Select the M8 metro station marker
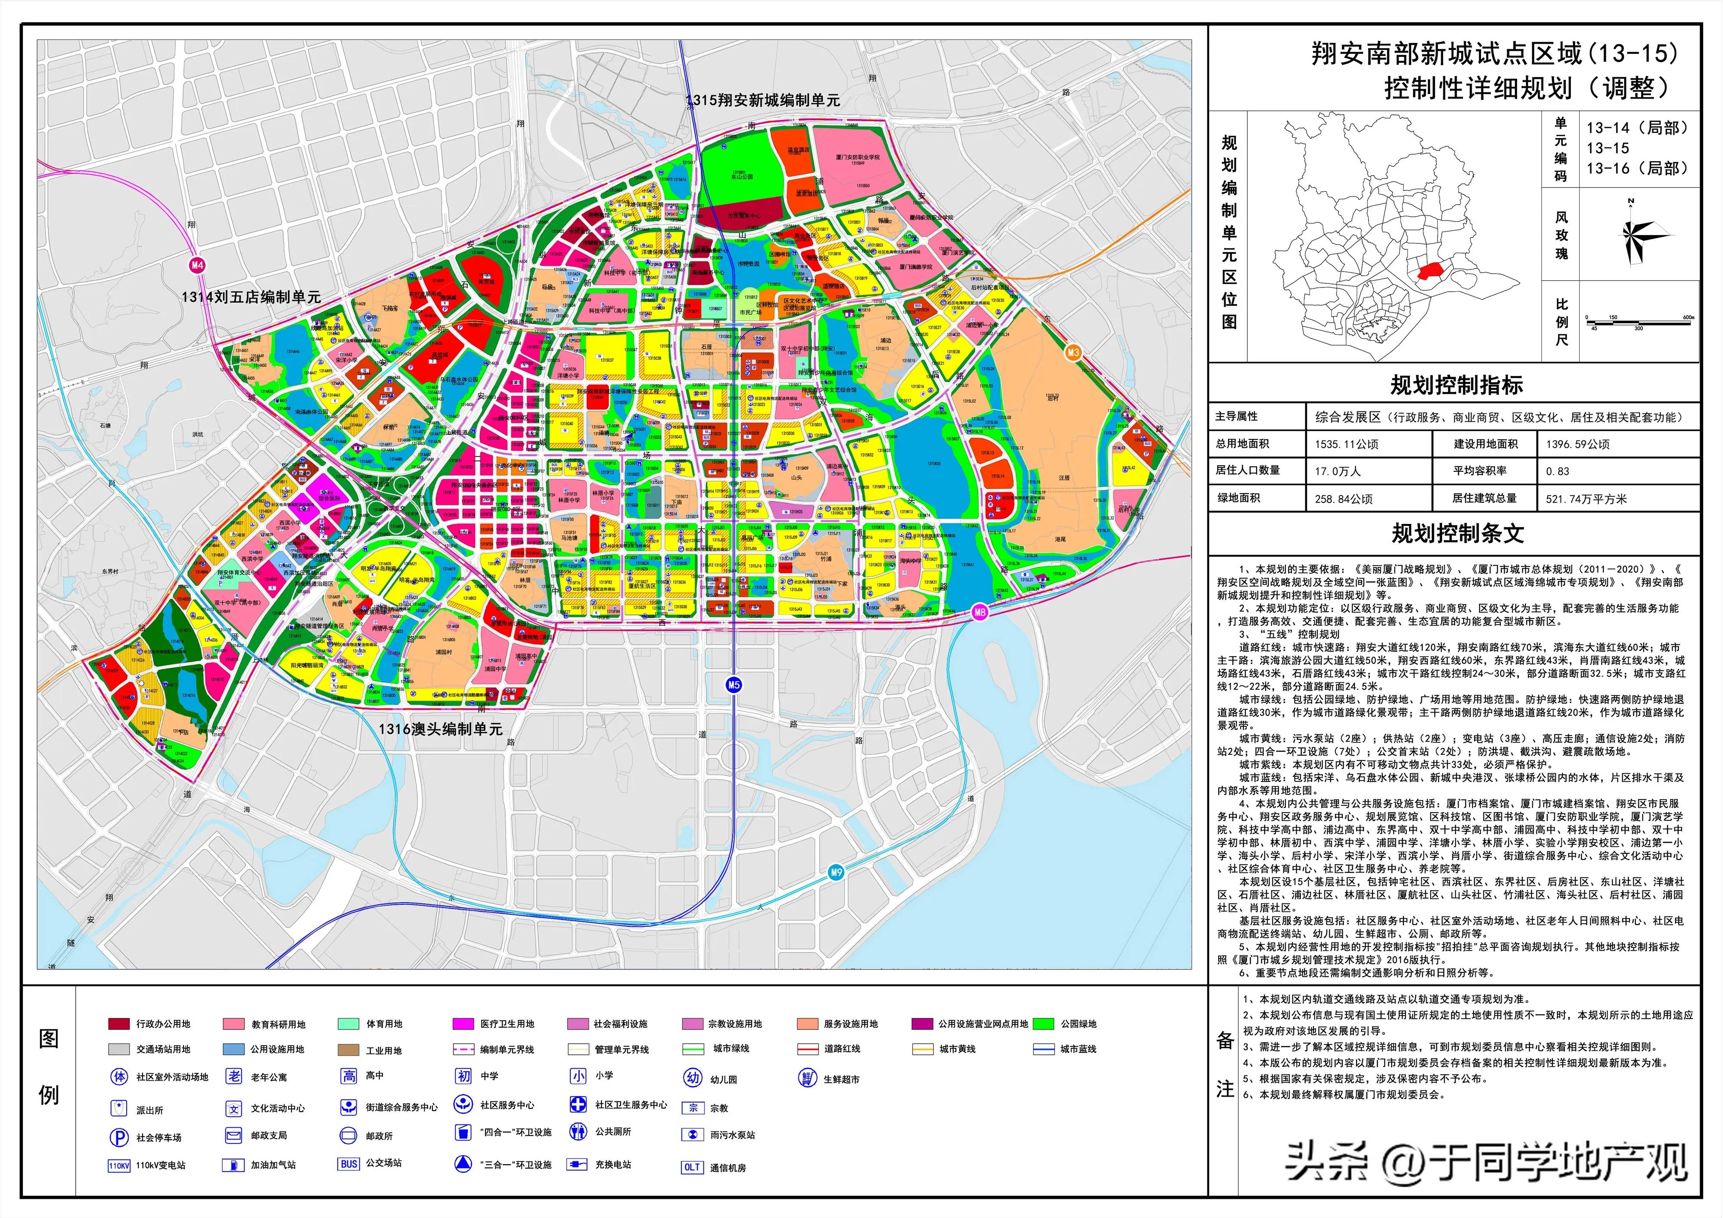coord(980,612)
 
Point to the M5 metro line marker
coord(733,685)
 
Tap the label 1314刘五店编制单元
coord(251,297)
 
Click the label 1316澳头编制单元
coord(440,729)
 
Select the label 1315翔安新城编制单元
coord(762,100)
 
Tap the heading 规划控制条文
coord(1457,533)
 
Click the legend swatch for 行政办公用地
coord(118,1024)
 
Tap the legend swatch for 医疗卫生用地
coord(463,1024)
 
